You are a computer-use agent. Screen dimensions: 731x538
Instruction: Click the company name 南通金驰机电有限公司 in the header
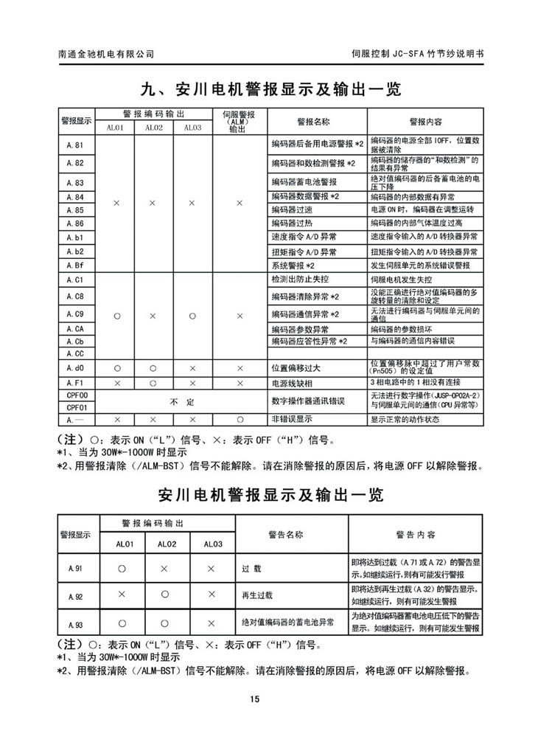pyautogui.click(x=106, y=54)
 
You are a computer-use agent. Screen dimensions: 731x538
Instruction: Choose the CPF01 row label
pyautogui.click(x=77, y=406)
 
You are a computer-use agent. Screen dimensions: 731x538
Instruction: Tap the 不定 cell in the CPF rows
pyautogui.click(x=173, y=401)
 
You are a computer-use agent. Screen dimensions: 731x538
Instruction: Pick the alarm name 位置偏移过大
pyautogui.click(x=299, y=367)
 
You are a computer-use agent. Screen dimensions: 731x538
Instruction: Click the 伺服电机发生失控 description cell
pyautogui.click(x=404, y=281)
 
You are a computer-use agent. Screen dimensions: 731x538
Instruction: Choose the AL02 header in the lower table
pyautogui.click(x=166, y=544)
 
